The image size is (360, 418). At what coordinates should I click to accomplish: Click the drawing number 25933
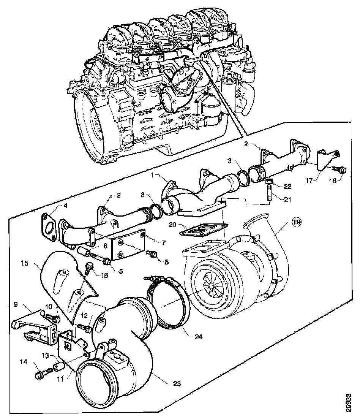coord(349,401)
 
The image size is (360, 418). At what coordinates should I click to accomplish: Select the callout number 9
coord(15,304)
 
